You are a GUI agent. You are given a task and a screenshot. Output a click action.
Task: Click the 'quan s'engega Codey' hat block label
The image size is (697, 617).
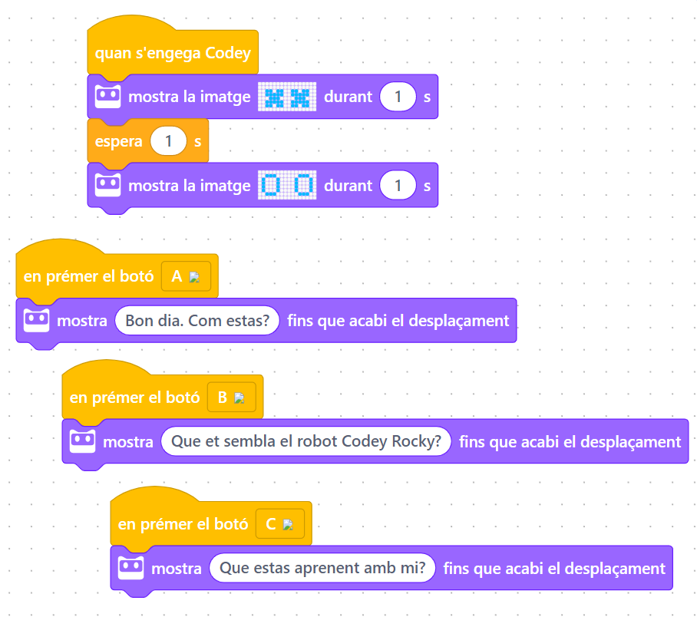coord(173,54)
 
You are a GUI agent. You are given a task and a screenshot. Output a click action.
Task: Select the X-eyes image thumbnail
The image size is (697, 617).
coord(286,97)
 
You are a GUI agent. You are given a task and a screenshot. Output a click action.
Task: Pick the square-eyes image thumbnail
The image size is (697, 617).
coord(286,185)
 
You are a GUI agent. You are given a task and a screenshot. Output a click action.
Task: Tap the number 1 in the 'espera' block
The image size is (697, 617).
coord(169,141)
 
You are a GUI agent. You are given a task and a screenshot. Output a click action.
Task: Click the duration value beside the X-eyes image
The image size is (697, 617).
coord(398,97)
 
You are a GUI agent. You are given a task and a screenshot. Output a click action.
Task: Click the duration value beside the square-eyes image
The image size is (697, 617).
coord(398,185)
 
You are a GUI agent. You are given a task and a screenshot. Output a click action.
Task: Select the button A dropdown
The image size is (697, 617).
coord(185,276)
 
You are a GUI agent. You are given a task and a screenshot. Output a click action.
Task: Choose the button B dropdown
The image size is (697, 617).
coord(230,398)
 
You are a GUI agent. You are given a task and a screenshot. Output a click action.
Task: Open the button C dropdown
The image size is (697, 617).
coord(279,524)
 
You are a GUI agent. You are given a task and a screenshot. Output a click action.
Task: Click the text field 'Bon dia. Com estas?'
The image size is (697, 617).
coord(197,320)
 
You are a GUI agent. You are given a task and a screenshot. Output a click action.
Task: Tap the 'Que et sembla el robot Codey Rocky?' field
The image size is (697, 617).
coord(306,441)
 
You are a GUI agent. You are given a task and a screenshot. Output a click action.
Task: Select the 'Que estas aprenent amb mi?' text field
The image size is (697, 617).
coord(322,569)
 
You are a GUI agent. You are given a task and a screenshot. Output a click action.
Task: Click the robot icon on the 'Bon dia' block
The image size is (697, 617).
coord(36,320)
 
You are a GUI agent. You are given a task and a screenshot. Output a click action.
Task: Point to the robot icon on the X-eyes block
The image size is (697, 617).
coord(107,97)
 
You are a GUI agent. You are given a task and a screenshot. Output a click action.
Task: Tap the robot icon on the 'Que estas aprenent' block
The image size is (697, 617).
coord(130,569)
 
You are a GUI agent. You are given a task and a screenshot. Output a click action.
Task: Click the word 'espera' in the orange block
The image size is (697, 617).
coord(119,141)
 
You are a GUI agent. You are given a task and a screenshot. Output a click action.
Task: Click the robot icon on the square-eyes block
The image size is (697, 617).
coord(107,185)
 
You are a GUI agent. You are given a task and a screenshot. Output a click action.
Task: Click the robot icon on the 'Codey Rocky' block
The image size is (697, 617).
coord(82,441)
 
